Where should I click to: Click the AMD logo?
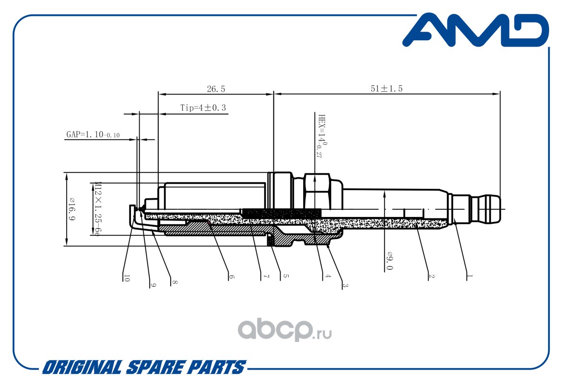[x=475, y=30]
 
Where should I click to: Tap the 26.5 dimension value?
[x=216, y=89]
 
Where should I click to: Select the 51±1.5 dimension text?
[x=387, y=88]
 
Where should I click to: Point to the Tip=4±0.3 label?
[x=203, y=108]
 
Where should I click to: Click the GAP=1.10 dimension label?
[x=93, y=134]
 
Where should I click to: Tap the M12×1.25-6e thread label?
[x=96, y=208]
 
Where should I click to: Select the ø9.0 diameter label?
[x=390, y=261]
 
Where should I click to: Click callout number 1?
[x=469, y=276]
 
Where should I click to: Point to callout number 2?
[x=431, y=276]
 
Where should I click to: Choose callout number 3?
[x=345, y=285]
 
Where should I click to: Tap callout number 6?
[x=232, y=277]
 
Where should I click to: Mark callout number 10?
[x=127, y=277]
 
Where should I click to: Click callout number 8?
[x=175, y=282]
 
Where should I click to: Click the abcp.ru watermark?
[x=285, y=330]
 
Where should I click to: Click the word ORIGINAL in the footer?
[x=82, y=368]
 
